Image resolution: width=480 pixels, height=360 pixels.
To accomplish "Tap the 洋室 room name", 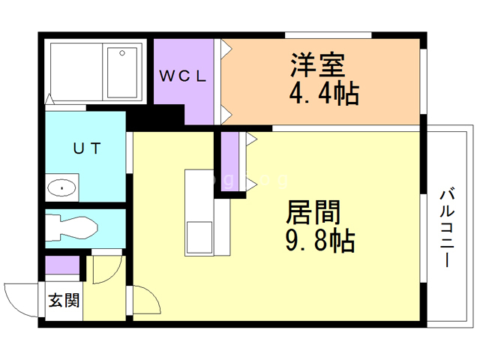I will point(317,64).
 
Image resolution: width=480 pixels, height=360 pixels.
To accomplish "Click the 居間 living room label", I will point(313,212).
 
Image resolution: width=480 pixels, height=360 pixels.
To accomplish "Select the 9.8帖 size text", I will point(319,241).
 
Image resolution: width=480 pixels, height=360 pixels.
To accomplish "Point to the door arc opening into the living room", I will point(146,304).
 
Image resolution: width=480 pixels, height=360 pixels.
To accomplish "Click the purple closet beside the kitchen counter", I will point(230,161).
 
